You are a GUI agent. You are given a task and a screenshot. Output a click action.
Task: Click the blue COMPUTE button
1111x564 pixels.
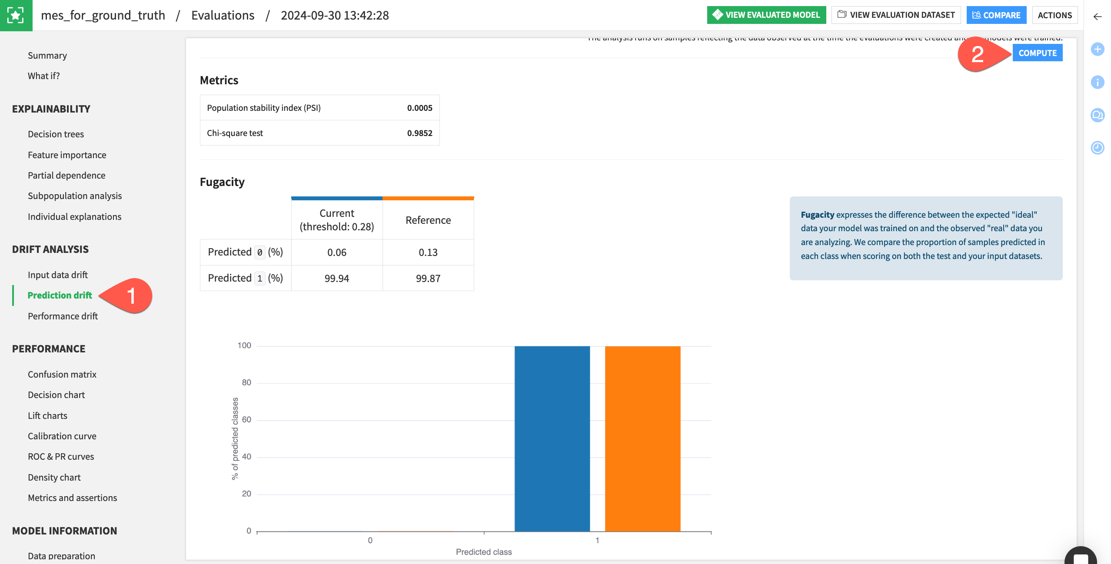(1037, 53)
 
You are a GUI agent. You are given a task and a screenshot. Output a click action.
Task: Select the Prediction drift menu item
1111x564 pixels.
(60, 295)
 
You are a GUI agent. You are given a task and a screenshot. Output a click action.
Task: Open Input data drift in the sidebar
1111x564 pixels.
(57, 275)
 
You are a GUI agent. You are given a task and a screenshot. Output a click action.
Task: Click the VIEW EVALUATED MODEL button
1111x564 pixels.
(766, 15)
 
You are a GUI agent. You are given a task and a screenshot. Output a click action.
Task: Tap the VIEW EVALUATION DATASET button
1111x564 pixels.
(896, 15)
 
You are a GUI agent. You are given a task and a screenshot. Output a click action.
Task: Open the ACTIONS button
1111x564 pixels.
(1054, 15)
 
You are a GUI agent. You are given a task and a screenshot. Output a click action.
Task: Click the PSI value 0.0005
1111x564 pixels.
(419, 108)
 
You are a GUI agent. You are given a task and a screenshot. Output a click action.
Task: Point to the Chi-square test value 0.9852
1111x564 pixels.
(419, 133)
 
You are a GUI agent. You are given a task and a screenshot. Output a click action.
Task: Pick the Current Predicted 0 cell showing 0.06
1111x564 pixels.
(336, 252)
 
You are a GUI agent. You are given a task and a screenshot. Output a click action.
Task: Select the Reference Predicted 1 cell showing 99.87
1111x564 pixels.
(428, 279)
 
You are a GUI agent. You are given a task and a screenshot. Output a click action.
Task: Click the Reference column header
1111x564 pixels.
(428, 220)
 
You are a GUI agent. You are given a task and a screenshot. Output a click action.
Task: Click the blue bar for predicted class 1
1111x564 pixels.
(552, 439)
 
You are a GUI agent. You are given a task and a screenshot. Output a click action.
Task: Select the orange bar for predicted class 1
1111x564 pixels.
(642, 439)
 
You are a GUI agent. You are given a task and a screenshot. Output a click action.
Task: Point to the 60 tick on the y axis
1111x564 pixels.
(246, 420)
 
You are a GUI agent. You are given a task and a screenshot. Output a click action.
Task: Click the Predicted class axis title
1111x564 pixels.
(483, 552)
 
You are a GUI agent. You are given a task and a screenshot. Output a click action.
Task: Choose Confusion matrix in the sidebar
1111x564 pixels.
(62, 375)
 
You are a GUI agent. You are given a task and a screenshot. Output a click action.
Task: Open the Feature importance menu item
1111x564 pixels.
(67, 155)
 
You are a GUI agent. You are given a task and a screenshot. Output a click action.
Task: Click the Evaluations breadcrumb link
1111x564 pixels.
(223, 16)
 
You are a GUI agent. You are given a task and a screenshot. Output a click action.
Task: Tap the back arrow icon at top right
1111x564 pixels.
(1098, 17)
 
